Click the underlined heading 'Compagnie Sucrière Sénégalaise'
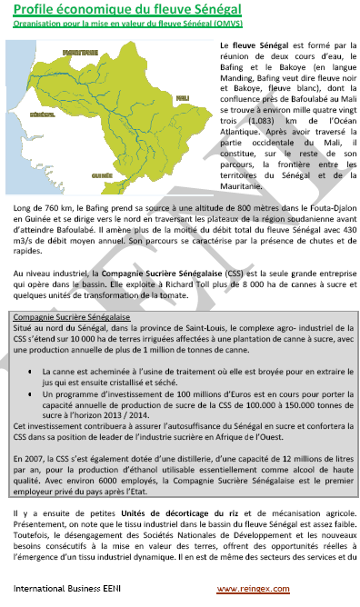click(73, 317)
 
